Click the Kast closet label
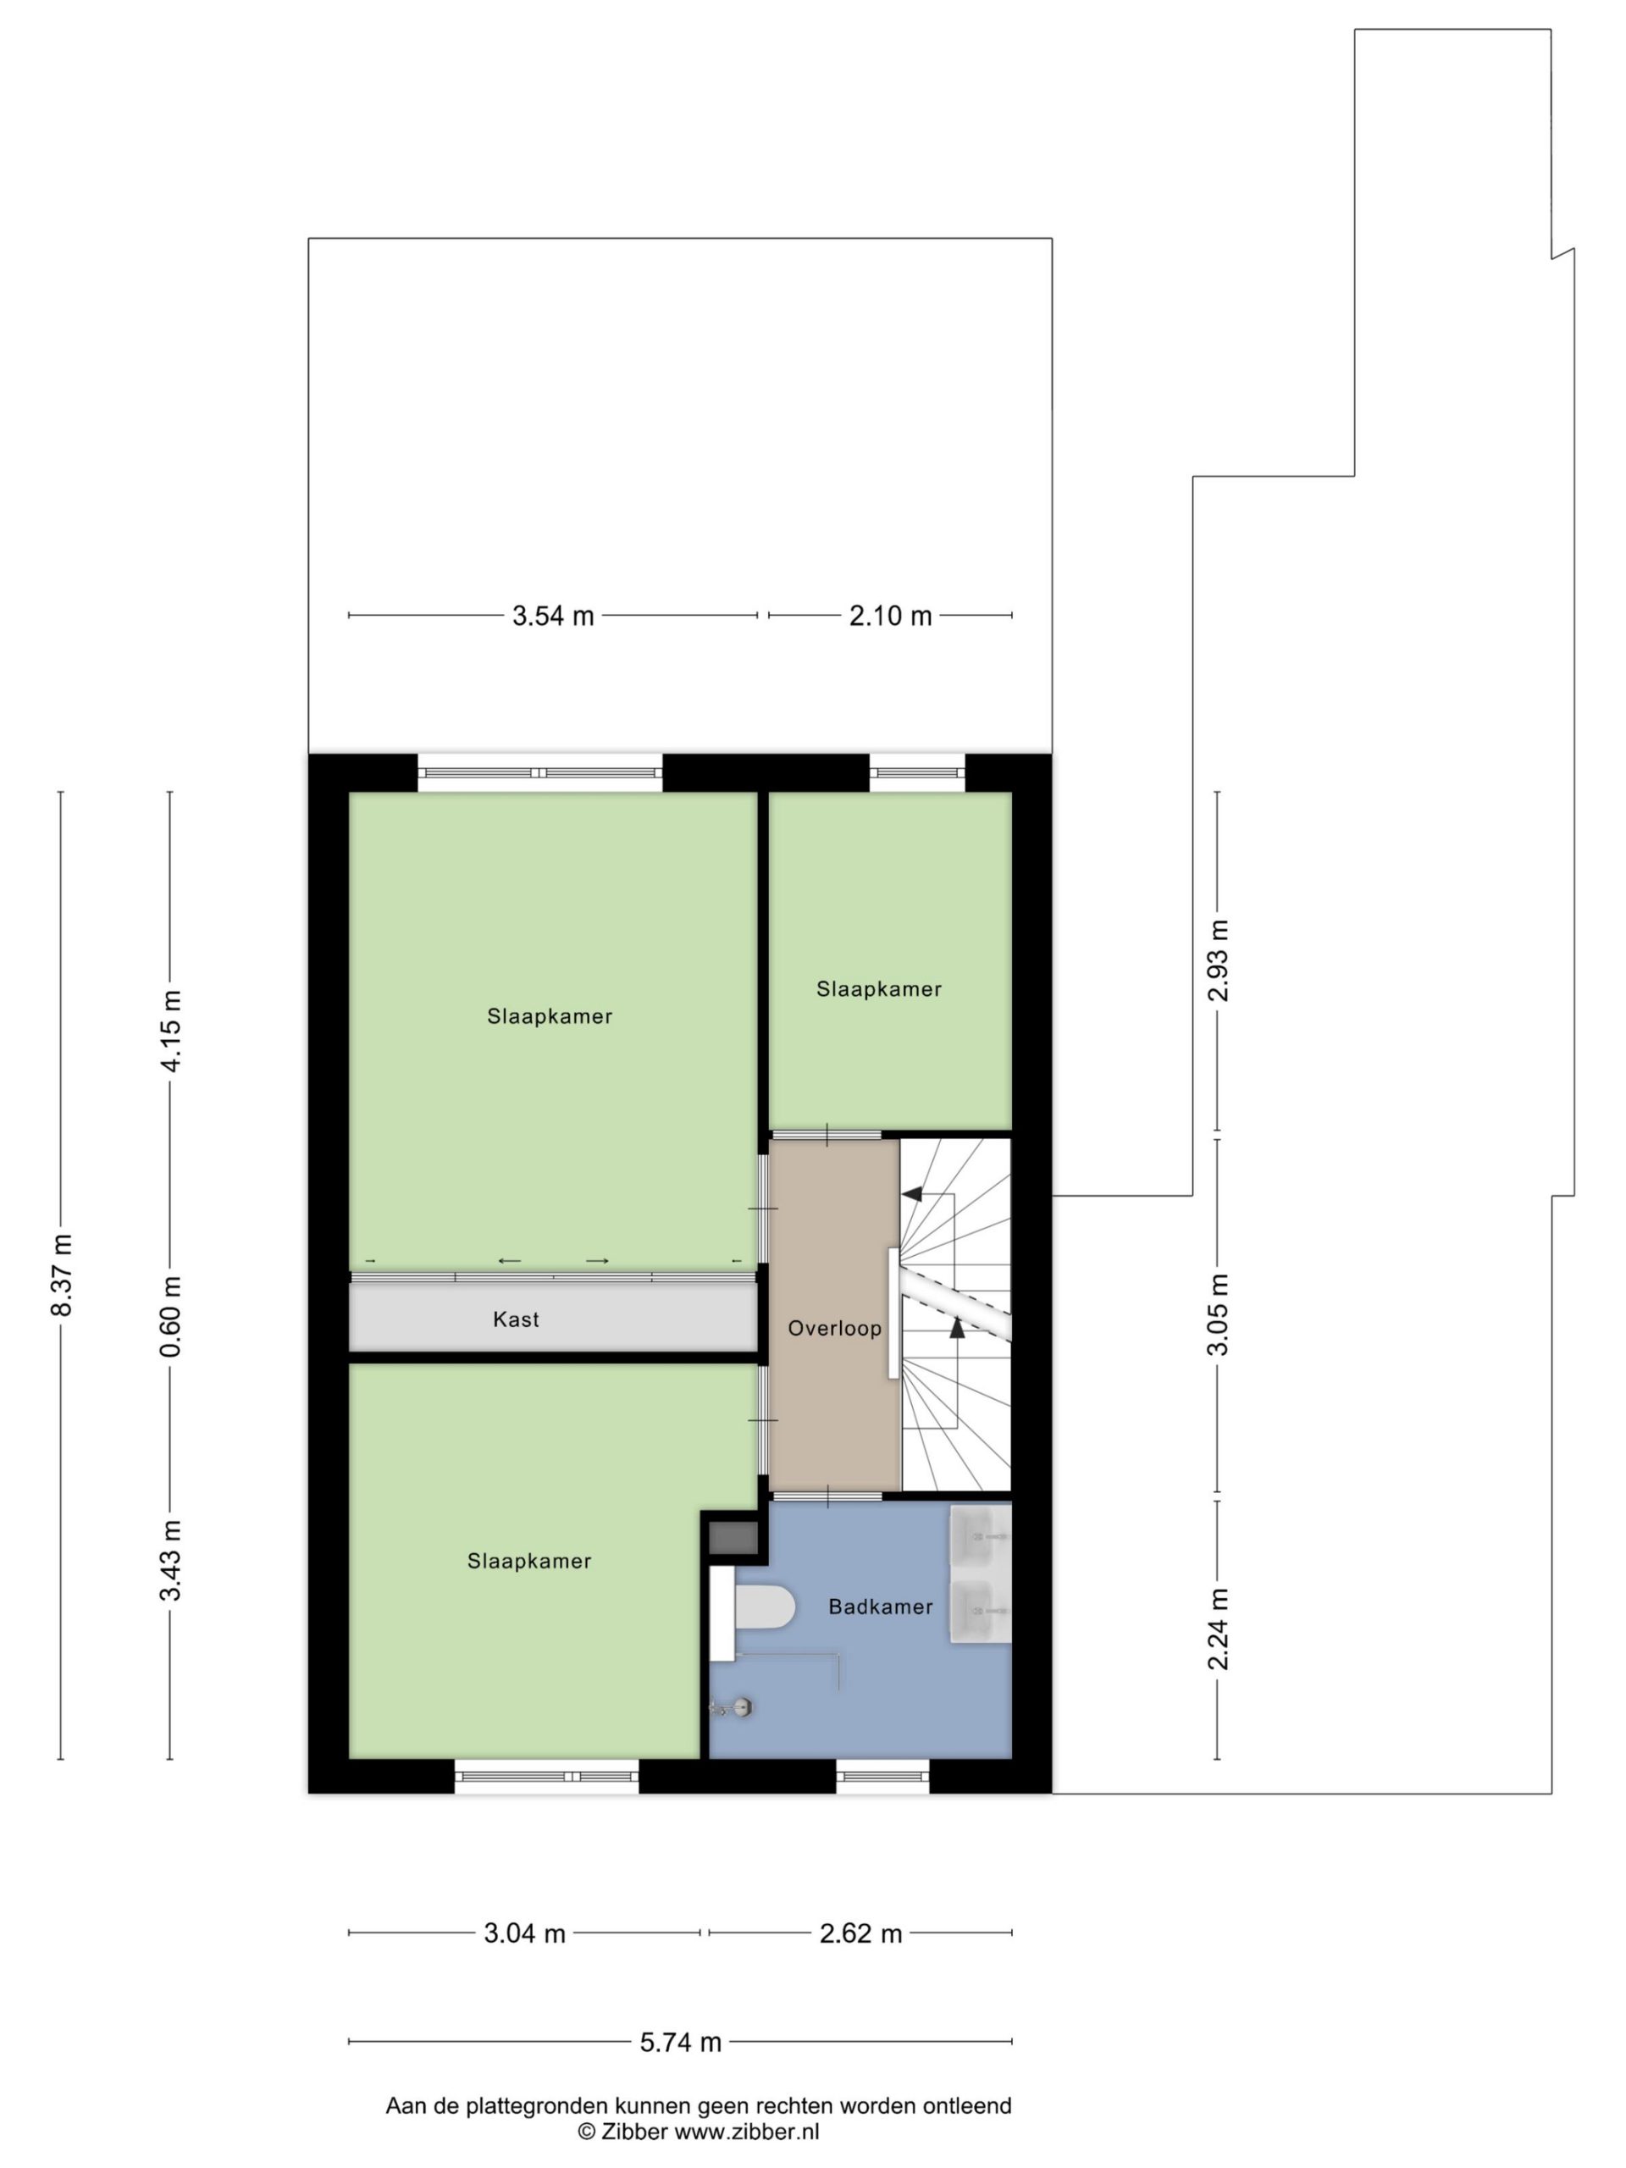[516, 1319]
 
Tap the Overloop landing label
[834, 1328]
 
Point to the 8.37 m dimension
[63, 1275]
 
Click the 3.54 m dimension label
[553, 616]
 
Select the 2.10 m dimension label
[890, 616]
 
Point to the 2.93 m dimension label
[1219, 960]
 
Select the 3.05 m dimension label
[1219, 1314]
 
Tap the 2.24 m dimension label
[1219, 1629]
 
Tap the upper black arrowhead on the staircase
[911, 1194]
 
